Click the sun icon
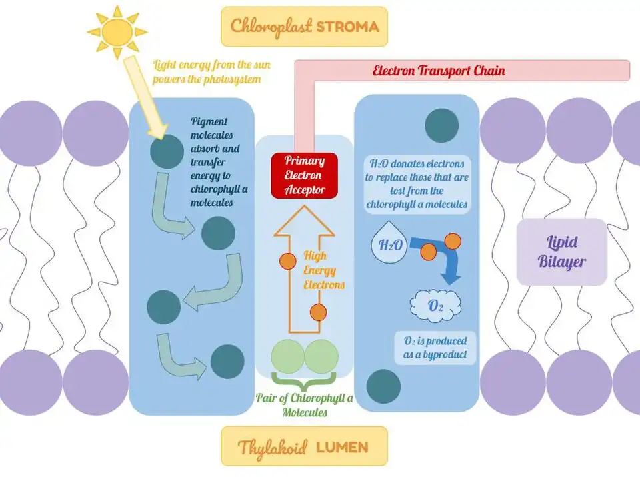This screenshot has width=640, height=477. click(x=117, y=31)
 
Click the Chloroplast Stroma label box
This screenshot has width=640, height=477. click(x=304, y=27)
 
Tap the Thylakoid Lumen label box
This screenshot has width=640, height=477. click(x=304, y=446)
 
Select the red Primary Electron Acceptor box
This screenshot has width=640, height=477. click(x=304, y=175)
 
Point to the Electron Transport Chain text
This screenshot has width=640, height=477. click(x=438, y=71)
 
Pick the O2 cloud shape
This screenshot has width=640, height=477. click(x=434, y=307)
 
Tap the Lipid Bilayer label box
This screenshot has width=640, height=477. click(x=561, y=251)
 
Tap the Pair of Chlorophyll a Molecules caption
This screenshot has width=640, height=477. click(x=304, y=405)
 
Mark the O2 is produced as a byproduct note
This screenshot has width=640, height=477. click(x=435, y=348)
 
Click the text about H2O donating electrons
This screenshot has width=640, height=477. click(x=418, y=184)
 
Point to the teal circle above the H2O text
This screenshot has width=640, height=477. click(x=441, y=125)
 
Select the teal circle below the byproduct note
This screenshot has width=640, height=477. click(x=384, y=386)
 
